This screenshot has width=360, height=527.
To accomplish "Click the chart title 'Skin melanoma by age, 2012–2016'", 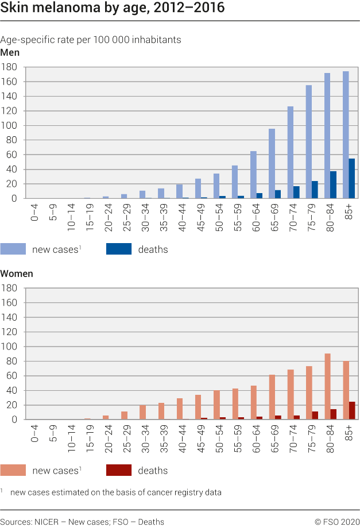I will coord(112,9).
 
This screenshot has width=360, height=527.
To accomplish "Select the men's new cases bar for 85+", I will coord(346,135).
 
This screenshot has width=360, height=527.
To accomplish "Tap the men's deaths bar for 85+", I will coord(352,179).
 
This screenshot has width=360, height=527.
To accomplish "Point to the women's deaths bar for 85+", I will coord(352,411).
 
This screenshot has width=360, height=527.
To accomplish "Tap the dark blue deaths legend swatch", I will coord(119,249).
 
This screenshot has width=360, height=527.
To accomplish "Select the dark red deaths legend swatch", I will coord(119,470).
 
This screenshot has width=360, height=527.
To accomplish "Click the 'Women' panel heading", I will coord(17,274).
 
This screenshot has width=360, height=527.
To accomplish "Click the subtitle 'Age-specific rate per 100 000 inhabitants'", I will coord(91,40).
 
